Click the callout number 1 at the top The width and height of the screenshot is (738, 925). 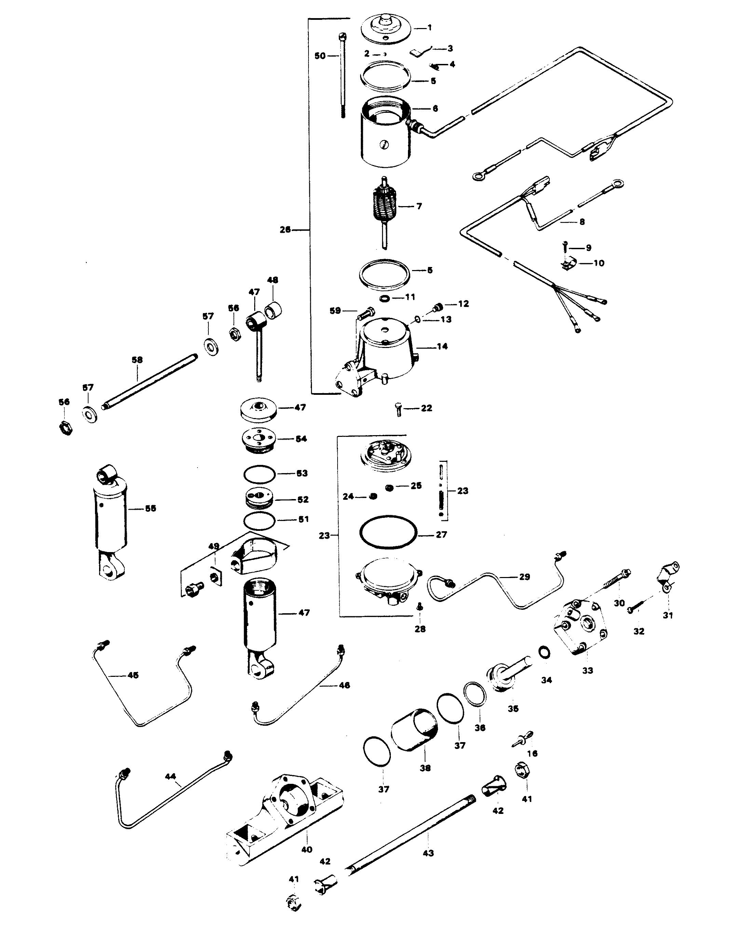click(430, 28)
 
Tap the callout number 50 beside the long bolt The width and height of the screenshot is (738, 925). click(320, 56)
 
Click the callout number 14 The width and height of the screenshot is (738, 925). click(442, 346)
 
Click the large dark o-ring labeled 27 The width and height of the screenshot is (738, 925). click(388, 532)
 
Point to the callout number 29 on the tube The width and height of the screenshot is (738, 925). click(524, 577)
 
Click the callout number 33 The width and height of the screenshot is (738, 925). click(587, 671)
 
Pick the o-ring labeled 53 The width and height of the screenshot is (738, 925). click(259, 474)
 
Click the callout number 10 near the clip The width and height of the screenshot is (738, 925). click(599, 263)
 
